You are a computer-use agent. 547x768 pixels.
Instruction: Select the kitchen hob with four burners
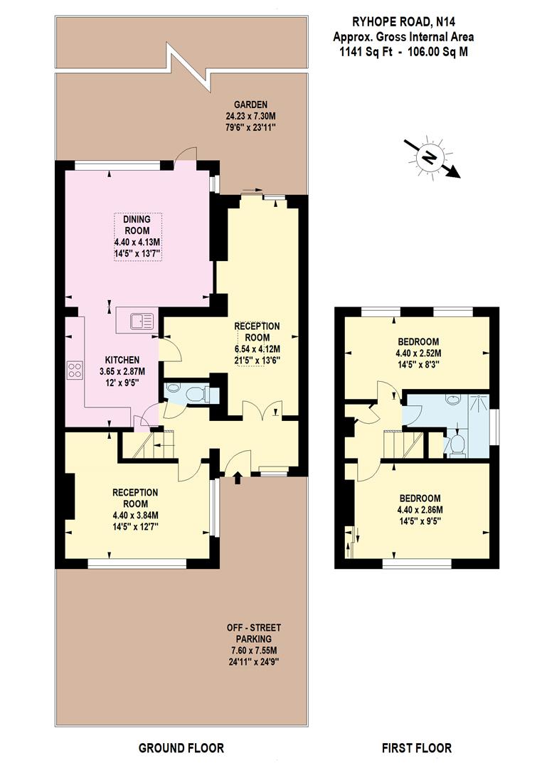(x=75, y=370)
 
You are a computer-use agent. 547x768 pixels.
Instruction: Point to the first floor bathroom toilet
(x=456, y=444)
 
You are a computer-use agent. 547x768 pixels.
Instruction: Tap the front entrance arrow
(x=238, y=481)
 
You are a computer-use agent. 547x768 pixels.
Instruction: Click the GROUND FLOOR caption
(x=181, y=747)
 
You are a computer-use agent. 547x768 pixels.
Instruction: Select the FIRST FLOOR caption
(x=416, y=747)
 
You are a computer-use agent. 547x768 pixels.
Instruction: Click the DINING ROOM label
(x=137, y=225)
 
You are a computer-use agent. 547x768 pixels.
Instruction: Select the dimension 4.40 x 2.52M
(x=418, y=353)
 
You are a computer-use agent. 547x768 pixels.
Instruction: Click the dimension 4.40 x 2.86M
(x=419, y=509)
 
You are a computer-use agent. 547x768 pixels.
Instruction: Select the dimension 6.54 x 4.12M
(x=257, y=348)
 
